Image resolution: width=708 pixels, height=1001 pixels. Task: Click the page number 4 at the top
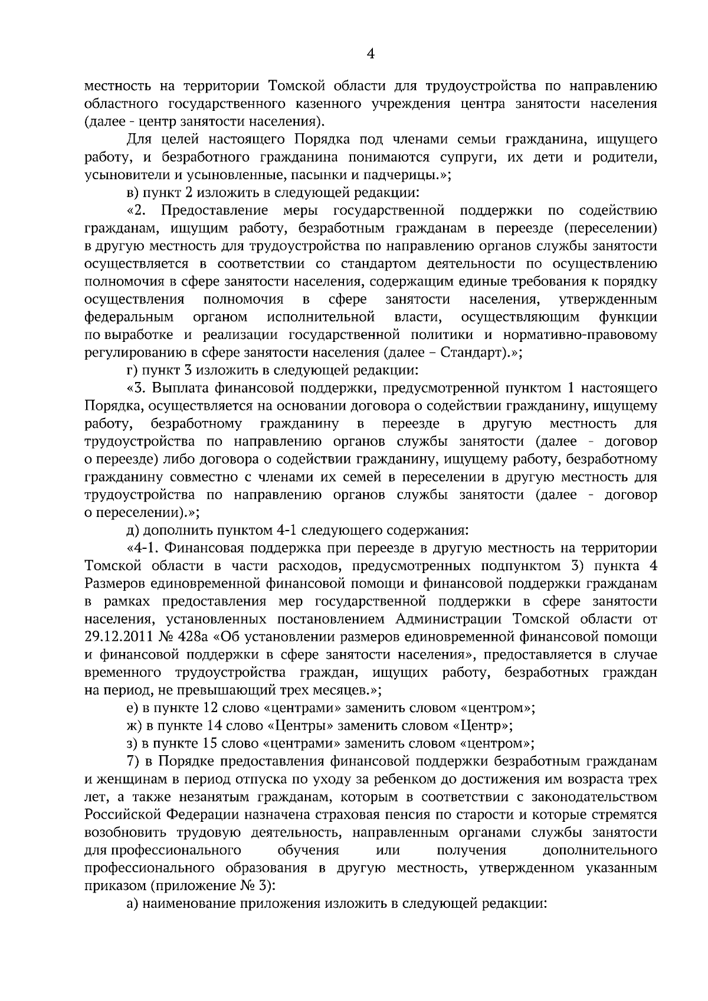coord(371,54)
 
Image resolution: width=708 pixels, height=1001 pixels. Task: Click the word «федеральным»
coord(129,317)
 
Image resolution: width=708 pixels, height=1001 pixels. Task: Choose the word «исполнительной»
coord(321,317)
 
